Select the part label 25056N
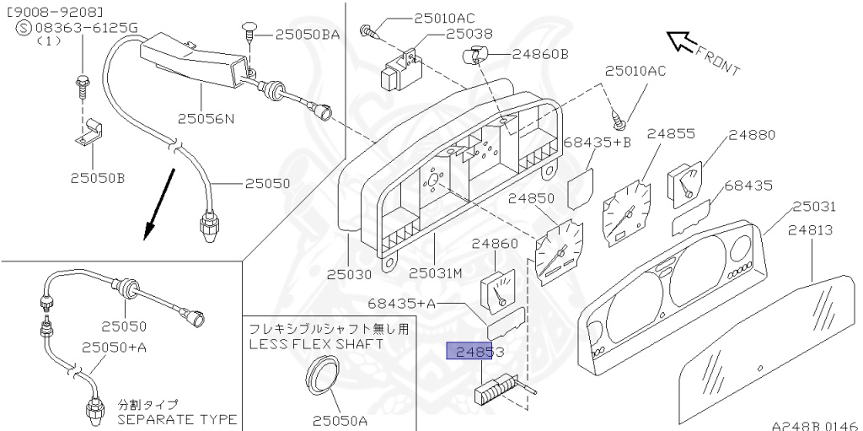(x=206, y=118)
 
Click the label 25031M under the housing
(x=436, y=273)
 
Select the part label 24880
(x=752, y=135)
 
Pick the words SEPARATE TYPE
(x=176, y=419)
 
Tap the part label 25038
(x=469, y=35)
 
